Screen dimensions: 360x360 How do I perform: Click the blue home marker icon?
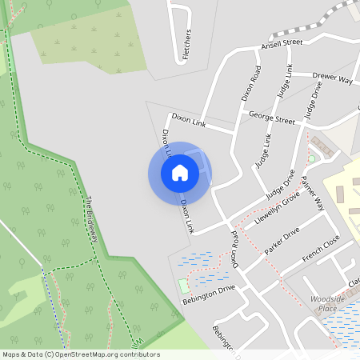(179, 173)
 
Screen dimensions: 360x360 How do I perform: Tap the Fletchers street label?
(188, 45)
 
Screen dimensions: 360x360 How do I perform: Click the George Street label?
(271, 117)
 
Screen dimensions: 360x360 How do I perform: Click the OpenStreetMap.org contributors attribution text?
(104, 354)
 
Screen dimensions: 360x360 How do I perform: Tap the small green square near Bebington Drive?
(186, 286)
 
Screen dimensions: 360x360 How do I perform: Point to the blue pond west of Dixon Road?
(198, 262)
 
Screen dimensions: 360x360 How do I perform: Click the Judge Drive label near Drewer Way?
(313, 99)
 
